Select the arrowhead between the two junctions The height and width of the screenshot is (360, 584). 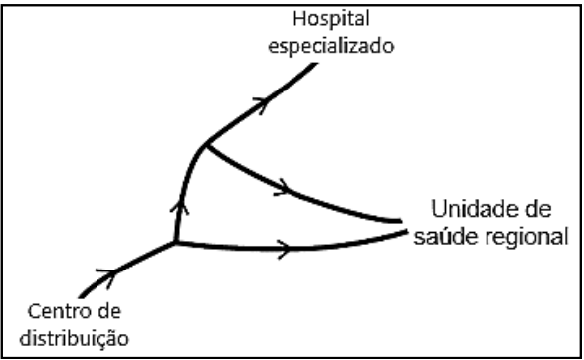click(x=179, y=208)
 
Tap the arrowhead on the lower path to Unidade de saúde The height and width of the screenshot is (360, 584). click(x=286, y=247)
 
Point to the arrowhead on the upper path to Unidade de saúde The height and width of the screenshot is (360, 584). click(x=287, y=186)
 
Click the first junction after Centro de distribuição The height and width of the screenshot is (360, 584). click(x=175, y=242)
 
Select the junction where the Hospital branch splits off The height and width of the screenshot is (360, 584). click(x=205, y=147)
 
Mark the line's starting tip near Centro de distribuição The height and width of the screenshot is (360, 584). click(x=81, y=295)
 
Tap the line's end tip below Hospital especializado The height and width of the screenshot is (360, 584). click(x=317, y=64)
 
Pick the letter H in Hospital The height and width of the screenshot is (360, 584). click(x=295, y=21)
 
